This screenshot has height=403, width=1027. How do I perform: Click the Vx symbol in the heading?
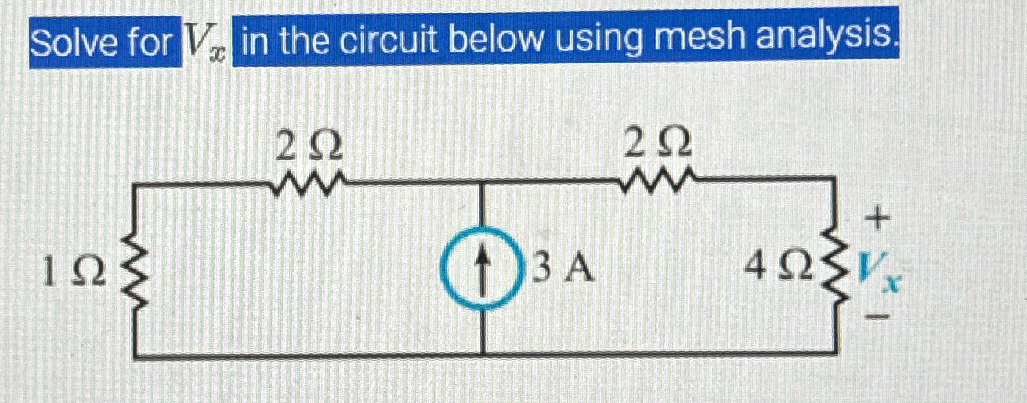coord(203,43)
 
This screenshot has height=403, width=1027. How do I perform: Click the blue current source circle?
coord(481,270)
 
